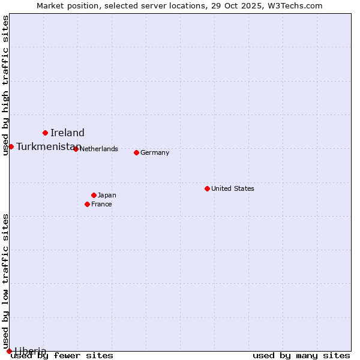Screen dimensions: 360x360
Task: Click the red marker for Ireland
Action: pos(45,133)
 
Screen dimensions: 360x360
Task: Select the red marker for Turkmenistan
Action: pos(11,146)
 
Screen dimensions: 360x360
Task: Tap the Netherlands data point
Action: pos(76,149)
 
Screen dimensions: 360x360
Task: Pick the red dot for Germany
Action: pos(136,152)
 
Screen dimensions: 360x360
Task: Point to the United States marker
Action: pos(207,188)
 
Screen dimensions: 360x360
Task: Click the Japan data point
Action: pos(94,195)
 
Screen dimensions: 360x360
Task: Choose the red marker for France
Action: pos(87,204)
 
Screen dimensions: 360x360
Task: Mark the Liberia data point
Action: pos(9,351)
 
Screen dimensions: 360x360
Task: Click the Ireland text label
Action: pos(67,133)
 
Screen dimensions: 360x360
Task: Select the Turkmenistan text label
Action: pos(48,147)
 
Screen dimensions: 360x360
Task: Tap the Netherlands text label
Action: pos(98,149)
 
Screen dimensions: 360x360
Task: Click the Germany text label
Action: pos(155,152)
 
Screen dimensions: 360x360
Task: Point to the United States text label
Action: pos(232,188)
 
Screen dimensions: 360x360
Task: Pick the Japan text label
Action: pos(107,195)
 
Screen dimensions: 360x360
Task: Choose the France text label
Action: pos(101,204)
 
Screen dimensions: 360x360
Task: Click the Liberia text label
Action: pos(30,351)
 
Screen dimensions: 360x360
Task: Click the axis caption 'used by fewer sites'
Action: pos(62,356)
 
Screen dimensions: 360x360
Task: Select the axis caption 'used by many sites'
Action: pos(301,356)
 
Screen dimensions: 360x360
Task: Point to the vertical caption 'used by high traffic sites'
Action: pos(6,85)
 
